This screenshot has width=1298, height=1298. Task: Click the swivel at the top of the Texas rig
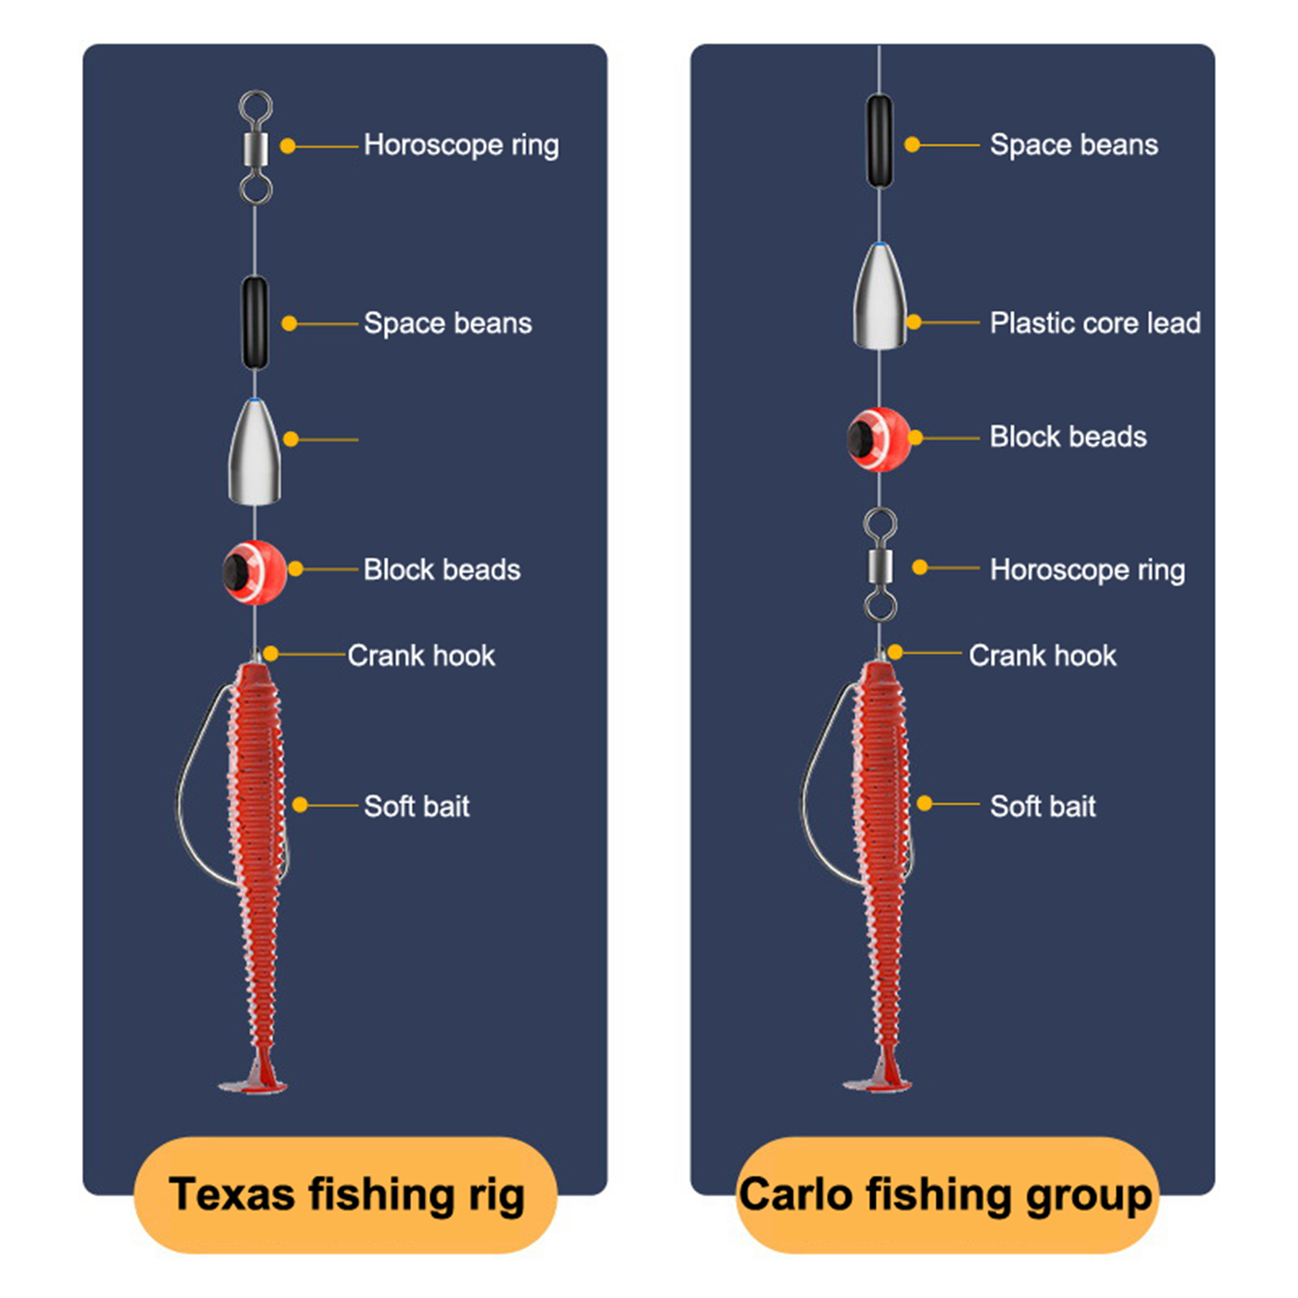(x=256, y=147)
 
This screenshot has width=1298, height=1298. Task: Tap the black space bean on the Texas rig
(x=255, y=323)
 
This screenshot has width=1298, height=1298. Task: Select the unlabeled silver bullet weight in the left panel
(x=255, y=451)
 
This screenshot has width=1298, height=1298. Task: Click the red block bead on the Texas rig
(x=255, y=572)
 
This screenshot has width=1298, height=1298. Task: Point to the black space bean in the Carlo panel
(x=879, y=141)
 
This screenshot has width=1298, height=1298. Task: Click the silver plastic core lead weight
(x=879, y=295)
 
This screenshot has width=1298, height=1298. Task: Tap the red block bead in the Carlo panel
(x=879, y=439)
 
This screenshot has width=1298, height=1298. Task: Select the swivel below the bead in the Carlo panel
(x=880, y=565)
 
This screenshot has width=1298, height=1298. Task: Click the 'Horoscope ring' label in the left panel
(x=461, y=145)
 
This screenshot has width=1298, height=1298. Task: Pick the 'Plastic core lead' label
(x=1095, y=323)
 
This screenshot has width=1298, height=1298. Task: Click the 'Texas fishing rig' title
(x=346, y=1194)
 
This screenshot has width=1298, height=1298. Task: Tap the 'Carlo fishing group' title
(x=945, y=1195)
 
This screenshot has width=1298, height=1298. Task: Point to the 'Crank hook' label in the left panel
(x=421, y=655)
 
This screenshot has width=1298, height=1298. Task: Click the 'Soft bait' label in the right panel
(x=1042, y=806)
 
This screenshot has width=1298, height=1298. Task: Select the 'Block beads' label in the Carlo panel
(x=1068, y=437)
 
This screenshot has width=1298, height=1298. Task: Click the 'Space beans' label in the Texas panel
(x=448, y=323)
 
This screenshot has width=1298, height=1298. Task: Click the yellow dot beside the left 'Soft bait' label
(x=300, y=805)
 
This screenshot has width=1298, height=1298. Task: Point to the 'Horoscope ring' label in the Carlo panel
(x=1087, y=570)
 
